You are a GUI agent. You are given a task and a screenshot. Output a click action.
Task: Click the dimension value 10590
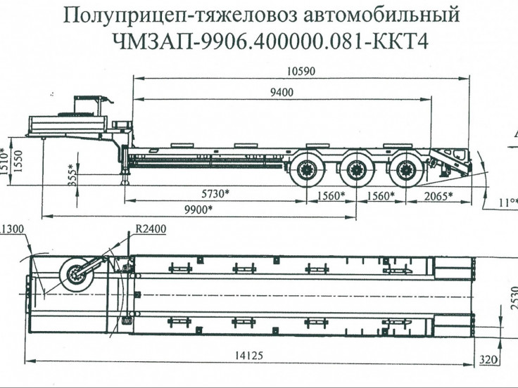(301, 70)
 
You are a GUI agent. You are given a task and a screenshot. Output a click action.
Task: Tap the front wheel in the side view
(308, 169)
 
